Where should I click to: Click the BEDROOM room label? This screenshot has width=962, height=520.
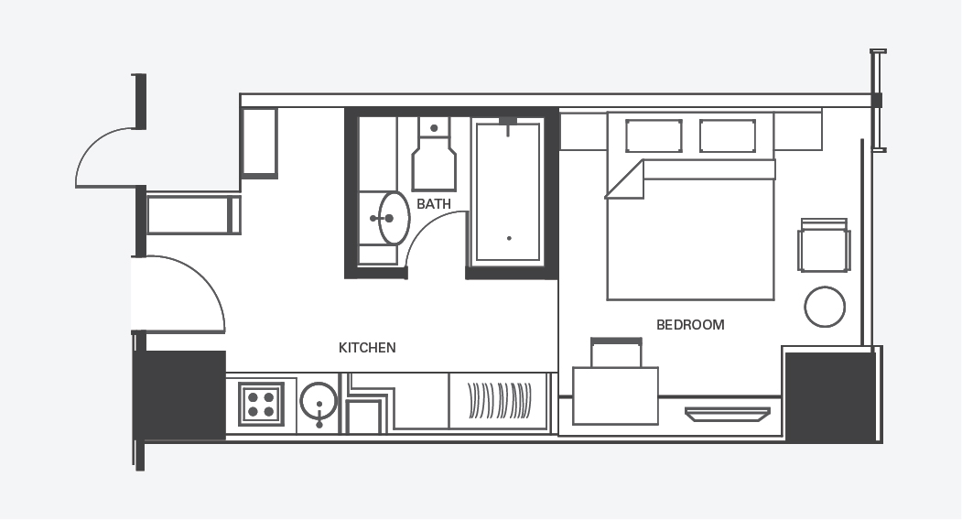690,325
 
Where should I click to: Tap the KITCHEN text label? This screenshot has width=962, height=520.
367,348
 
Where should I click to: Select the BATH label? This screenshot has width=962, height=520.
434,204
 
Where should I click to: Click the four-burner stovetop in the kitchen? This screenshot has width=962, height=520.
262,404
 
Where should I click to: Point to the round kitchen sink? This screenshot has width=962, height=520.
319,402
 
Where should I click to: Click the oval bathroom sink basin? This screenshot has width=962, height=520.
394,218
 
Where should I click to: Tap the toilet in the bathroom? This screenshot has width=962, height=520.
434,155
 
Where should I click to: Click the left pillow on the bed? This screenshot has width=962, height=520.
654,135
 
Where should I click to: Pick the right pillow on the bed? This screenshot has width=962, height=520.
728,135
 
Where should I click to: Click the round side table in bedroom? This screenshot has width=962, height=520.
825,307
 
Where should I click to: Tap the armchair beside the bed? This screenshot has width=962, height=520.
824,245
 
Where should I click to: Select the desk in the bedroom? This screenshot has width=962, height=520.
615,396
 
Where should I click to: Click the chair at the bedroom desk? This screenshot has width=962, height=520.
616,352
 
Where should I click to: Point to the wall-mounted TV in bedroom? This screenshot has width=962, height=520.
728,415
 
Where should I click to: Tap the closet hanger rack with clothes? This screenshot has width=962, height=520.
500,401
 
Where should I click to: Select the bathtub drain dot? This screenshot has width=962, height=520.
509,238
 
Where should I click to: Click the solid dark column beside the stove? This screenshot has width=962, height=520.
179,395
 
